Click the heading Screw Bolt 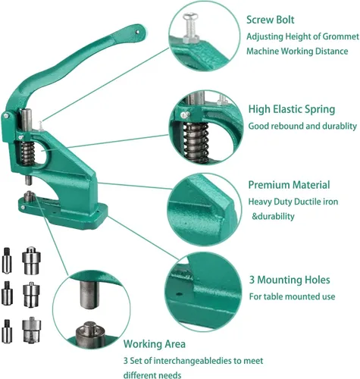(x=271, y=20)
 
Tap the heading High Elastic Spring (x=292, y=109)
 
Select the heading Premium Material (x=289, y=185)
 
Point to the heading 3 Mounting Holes (x=290, y=280)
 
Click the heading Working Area (x=155, y=344)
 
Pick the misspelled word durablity (x=340, y=126)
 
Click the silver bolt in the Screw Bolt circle (x=191, y=28)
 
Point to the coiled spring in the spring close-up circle (x=196, y=143)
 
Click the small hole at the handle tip (x=137, y=32)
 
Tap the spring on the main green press (x=27, y=153)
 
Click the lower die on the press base (x=30, y=196)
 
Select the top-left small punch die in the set (x=6, y=260)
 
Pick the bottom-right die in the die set (x=32, y=330)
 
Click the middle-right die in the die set (x=31, y=295)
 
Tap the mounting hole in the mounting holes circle (x=179, y=294)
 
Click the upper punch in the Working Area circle (x=89, y=295)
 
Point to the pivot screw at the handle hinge (x=5, y=116)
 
